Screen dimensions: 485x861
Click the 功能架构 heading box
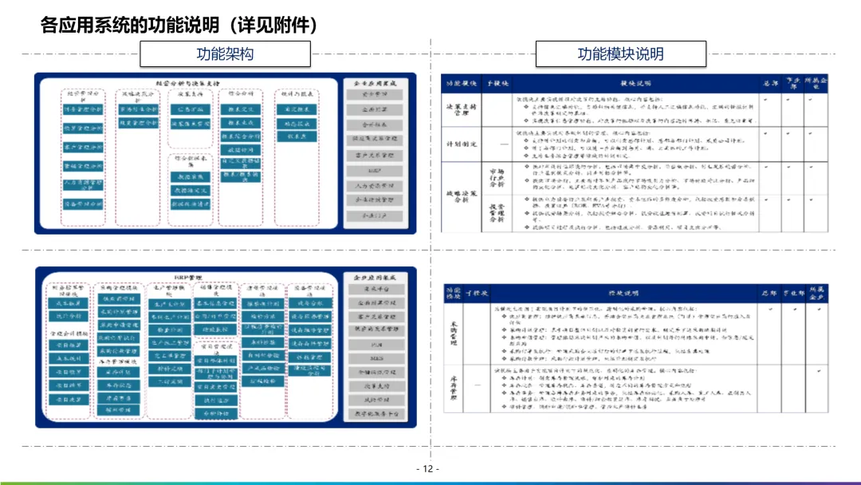pos(225,54)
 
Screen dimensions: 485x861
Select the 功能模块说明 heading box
pos(620,54)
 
